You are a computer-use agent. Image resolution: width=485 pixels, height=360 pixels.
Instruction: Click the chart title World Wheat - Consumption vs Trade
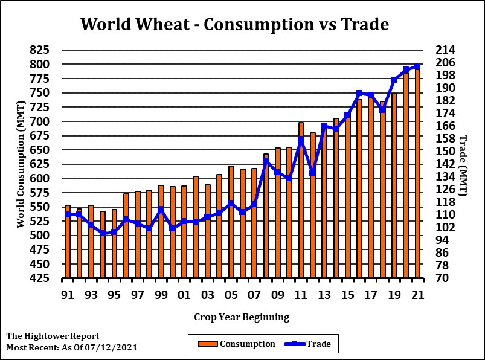click(234, 24)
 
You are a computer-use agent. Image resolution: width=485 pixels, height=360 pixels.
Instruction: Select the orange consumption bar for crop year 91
click(68, 242)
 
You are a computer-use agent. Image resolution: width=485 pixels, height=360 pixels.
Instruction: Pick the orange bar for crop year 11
click(301, 200)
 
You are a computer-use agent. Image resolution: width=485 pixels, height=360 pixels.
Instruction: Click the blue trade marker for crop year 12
click(312, 173)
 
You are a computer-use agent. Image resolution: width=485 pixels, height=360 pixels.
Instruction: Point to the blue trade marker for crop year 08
click(266, 161)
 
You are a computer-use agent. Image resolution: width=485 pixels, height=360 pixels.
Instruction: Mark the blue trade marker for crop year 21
click(417, 66)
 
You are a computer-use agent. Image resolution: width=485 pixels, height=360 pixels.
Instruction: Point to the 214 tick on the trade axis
click(444, 50)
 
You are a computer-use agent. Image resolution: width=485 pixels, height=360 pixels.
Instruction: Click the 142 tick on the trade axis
click(444, 164)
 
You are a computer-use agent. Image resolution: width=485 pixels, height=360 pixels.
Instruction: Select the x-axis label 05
click(231, 295)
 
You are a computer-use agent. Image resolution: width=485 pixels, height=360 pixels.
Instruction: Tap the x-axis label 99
click(161, 295)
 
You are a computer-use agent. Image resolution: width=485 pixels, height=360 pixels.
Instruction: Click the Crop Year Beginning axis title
click(242, 317)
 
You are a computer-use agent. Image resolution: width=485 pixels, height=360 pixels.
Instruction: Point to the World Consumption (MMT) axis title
click(21, 164)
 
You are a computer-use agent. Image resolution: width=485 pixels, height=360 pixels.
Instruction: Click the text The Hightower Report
click(53, 336)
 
